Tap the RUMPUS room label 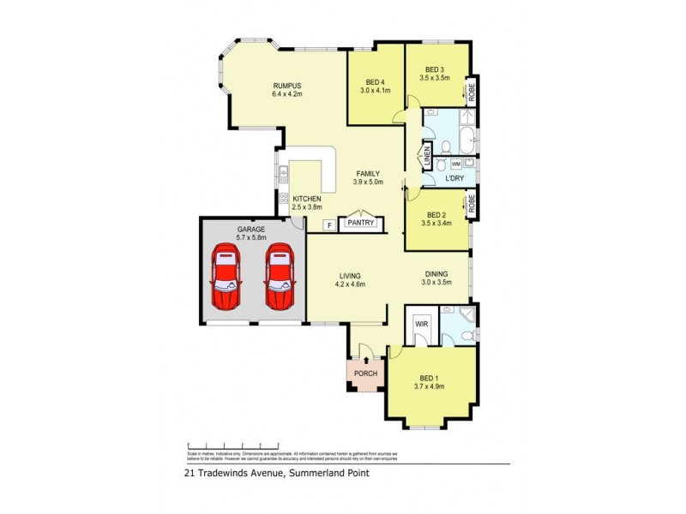287,85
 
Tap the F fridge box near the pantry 327,225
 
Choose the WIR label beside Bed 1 421,325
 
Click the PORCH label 366,374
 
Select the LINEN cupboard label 425,158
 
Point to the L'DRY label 454,178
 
